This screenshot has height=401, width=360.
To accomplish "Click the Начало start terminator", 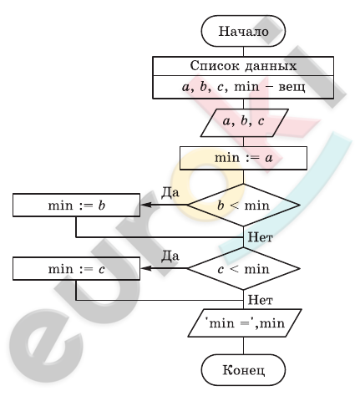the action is coord(243,31).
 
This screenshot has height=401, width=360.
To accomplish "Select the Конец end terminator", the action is coord(243,370).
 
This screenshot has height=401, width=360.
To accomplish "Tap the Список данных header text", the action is coord(243,66).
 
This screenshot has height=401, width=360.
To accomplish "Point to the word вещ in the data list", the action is coord(292,87).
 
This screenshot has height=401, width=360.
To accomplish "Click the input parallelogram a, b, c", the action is coord(244,123).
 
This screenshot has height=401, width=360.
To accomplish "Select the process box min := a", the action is coord(243,158).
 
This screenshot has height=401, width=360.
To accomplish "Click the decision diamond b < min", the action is coord(244,206).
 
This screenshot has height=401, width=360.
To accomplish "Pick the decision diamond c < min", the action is coord(244,269).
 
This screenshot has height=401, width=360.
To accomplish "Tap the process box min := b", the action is coord(76,206).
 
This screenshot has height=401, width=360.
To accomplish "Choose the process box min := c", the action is coord(76,268).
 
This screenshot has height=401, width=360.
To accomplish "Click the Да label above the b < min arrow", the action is coord(170,192).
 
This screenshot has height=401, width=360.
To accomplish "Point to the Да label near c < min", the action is coord(170,256).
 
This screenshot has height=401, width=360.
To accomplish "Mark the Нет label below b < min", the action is coord(260,237).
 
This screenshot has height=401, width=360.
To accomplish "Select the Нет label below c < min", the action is coord(260,300).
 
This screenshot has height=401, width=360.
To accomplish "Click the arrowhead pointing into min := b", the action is coord(146,205).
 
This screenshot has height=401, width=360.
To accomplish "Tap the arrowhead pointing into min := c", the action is coord(146,268).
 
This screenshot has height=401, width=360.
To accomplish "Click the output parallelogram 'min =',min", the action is coord(245,323).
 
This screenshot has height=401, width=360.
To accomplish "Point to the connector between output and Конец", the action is coord(243,346).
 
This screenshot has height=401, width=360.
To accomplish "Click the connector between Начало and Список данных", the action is coord(243,52).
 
